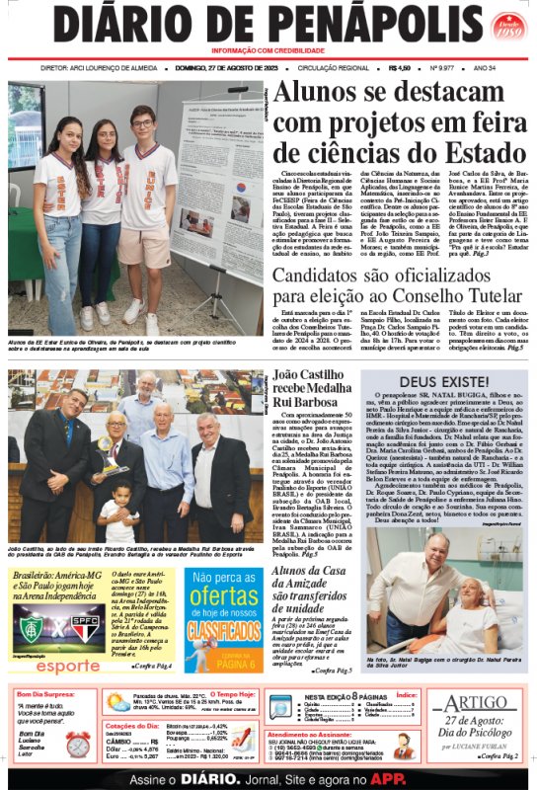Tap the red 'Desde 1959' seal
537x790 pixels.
tap(505, 28)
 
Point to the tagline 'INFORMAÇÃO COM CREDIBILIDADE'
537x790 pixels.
tap(268, 51)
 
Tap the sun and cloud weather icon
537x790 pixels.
tap(118, 703)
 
